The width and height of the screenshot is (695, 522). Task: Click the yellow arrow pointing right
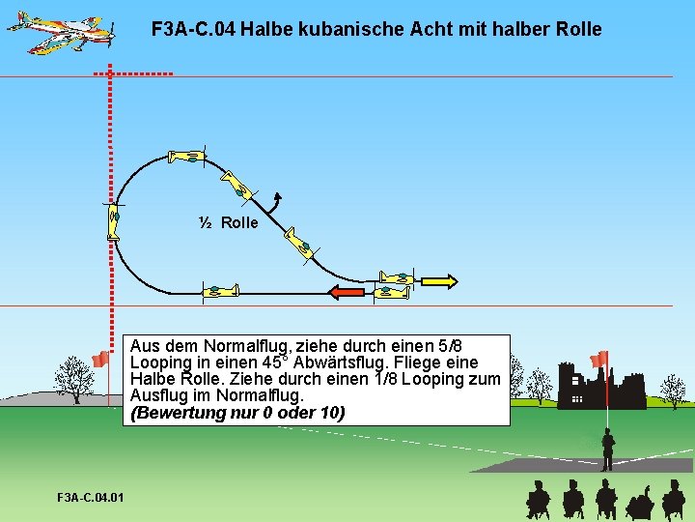pos(438,280)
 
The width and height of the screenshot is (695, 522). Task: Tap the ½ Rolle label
pos(229,223)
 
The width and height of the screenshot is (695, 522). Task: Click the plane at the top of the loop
pos(186,156)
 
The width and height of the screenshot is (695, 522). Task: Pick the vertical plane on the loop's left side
pos(114,221)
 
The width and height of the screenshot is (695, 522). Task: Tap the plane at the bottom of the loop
pos(220,291)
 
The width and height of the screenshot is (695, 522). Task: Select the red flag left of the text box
pos(99,360)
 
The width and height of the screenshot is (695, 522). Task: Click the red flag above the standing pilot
pos(599,359)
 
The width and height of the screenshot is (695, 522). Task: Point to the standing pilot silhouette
pos(607,449)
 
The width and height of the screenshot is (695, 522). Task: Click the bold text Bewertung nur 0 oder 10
pos(237,413)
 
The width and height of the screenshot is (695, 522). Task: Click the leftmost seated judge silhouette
pos(538,500)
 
